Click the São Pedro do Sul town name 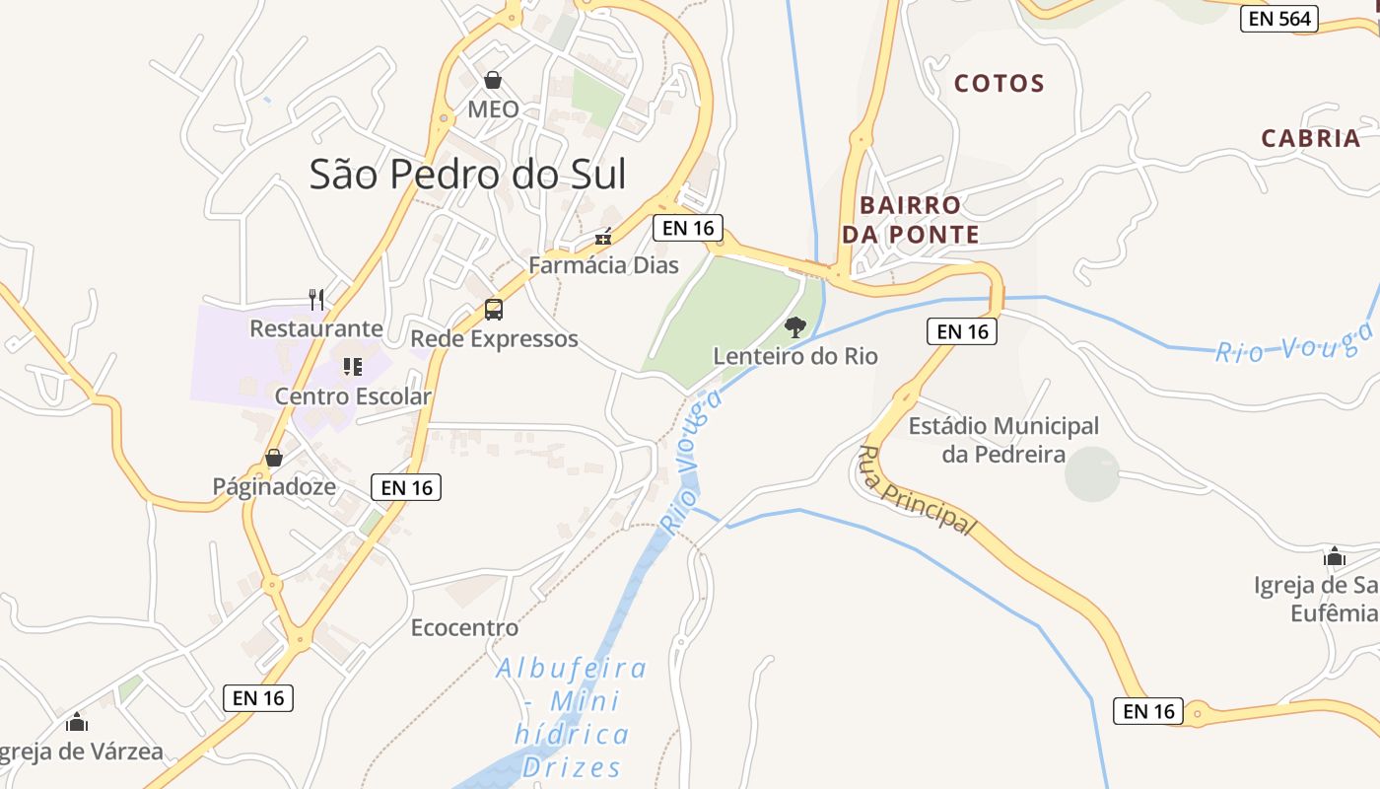pos(468,175)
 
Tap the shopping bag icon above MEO pos(493,80)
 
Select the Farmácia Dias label pos(603,264)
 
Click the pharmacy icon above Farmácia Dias pos(603,237)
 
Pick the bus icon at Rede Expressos pos(494,310)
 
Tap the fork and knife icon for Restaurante pos(316,299)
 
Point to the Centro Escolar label pos(353,396)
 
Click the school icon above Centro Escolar pos(353,367)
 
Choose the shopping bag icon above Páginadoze pos(274,458)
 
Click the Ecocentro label pos(464,627)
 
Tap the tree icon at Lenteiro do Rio pos(794,326)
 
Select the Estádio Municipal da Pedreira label pos(1003,440)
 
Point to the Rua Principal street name pos(916,490)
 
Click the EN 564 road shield pos(1279,19)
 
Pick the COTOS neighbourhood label pos(1000,84)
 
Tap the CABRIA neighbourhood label pos(1311,138)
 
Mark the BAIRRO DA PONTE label pos(910,220)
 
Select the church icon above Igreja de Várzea pos(77,723)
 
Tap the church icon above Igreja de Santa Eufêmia pos(1335,557)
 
